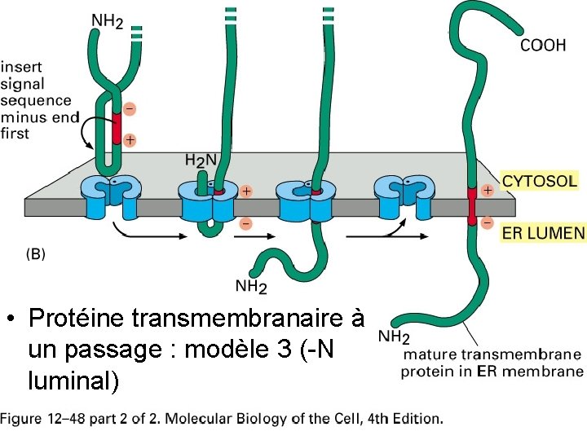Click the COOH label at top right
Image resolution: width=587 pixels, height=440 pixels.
click(x=543, y=46)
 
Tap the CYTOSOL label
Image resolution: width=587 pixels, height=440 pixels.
click(x=540, y=180)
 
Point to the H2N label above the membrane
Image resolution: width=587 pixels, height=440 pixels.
click(x=200, y=161)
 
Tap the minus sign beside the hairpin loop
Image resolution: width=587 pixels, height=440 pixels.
click(x=130, y=108)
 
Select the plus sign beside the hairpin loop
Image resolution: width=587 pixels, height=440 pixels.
click(x=130, y=140)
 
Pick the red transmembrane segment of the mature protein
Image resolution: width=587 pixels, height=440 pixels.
click(x=471, y=205)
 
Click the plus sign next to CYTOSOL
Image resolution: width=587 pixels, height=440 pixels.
click(x=488, y=190)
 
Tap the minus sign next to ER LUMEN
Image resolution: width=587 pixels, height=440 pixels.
click(x=488, y=222)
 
